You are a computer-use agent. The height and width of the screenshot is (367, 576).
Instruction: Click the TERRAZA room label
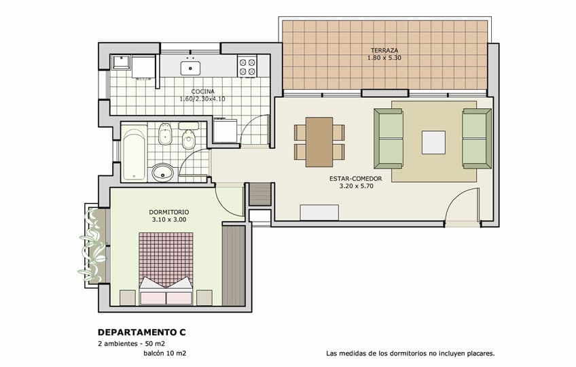coord(384,50)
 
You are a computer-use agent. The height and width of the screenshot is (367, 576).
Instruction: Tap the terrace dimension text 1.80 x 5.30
coord(384,58)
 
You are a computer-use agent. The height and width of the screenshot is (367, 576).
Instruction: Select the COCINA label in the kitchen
coord(203,91)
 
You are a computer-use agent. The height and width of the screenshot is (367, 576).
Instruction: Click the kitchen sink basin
coord(190,68)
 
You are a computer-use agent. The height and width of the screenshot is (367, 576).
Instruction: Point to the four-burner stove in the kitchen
coord(247,66)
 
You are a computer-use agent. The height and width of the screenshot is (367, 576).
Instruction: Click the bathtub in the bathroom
coord(134,154)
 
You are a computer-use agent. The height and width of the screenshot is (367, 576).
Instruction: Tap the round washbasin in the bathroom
coord(163,173)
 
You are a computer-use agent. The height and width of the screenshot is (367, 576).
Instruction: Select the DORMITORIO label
coord(169,212)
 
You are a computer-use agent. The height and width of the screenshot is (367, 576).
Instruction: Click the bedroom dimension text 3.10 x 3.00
coord(169,220)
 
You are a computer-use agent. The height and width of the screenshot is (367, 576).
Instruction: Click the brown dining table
coord(319,141)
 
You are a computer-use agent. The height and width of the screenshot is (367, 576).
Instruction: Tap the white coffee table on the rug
coord(433,142)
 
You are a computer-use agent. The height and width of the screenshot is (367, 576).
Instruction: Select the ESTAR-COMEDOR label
coord(356,179)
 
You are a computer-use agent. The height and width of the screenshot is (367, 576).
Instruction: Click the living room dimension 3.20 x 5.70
coord(356,186)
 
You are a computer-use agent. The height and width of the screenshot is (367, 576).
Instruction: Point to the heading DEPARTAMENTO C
coord(142,332)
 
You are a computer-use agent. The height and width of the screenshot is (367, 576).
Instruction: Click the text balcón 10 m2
coord(164,353)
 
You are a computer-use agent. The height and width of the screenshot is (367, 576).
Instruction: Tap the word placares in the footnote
coord(481,354)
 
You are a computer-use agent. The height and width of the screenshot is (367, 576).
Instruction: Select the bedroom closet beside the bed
coord(234,266)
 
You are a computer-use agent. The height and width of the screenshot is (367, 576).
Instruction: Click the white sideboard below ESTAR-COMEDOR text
coord(319,213)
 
